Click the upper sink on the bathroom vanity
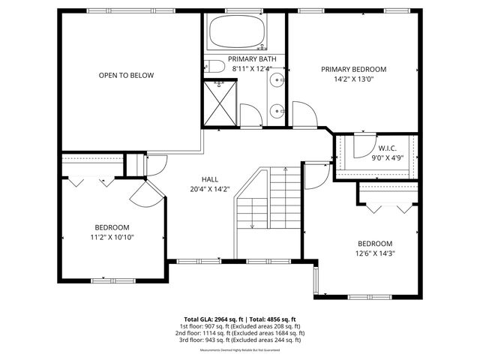click(x=277, y=80)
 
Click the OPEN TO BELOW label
click(x=126, y=75)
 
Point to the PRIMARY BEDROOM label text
click(x=358, y=69)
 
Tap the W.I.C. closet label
click(x=387, y=148)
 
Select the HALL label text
click(x=209, y=179)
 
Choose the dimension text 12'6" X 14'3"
click(x=375, y=253)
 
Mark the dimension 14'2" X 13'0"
click(x=358, y=79)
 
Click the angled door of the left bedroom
click(x=144, y=194)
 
